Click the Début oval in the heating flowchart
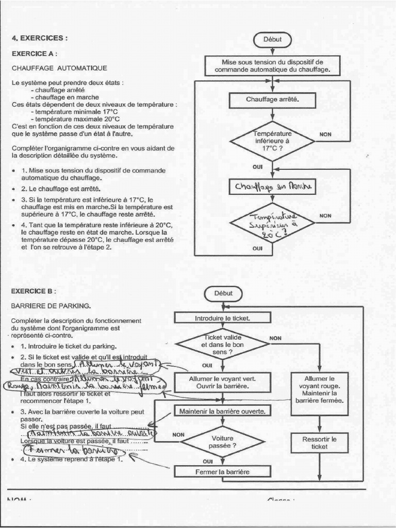pos(272,39)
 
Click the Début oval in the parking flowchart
pos(223,293)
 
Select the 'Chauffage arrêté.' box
pos(272,100)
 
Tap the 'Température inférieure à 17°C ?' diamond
pos(272,140)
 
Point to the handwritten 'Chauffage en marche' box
pos(272,186)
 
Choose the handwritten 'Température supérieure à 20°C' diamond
pos(272,223)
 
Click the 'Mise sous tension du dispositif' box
pos(272,65)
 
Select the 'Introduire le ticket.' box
pos(223,318)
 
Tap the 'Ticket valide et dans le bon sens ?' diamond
pos(223,344)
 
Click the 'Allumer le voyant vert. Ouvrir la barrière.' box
pos(223,382)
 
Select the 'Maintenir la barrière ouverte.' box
pos(223,411)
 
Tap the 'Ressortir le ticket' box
pos(320,443)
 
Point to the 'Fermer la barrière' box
pos(223,471)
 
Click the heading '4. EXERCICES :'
pos(40,38)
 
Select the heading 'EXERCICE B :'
pos(34,291)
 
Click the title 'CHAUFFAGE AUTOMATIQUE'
pos(59,68)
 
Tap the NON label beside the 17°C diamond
pos(325,135)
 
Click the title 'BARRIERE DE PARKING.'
pos(51,306)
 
